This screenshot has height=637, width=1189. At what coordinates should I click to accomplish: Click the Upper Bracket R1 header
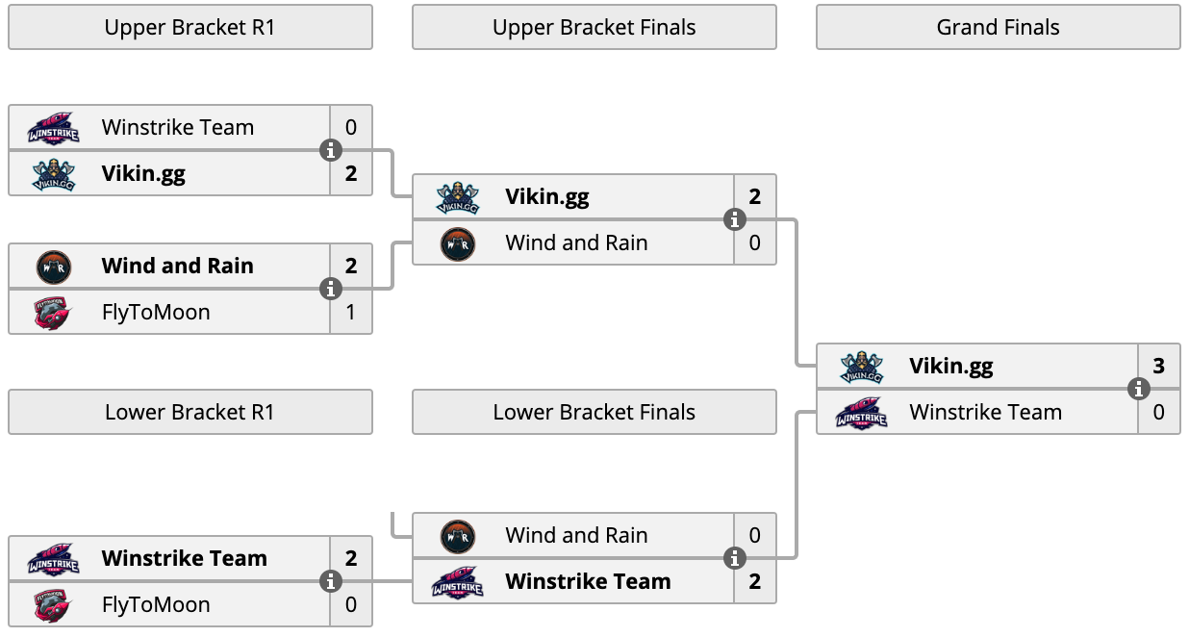[x=190, y=28]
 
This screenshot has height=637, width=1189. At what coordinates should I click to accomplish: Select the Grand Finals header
[x=998, y=28]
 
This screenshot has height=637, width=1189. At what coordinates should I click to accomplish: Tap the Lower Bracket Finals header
[x=594, y=412]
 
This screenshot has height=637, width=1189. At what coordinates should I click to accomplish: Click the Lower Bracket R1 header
[x=190, y=412]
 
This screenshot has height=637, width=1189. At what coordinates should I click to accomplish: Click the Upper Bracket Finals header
[x=594, y=28]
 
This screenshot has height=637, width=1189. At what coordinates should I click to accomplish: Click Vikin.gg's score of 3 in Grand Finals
[x=1159, y=366]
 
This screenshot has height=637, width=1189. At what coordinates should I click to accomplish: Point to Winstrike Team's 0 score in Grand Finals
[x=1159, y=412]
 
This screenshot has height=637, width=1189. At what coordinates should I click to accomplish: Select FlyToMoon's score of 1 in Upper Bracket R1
[x=350, y=312]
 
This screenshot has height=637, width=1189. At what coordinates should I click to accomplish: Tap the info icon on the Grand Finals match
[x=1139, y=389]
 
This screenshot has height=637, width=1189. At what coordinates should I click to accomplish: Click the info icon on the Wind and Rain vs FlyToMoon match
[x=331, y=290]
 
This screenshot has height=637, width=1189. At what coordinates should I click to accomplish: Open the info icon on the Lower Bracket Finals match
[x=735, y=558]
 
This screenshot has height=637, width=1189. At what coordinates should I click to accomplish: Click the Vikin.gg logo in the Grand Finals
[x=862, y=367]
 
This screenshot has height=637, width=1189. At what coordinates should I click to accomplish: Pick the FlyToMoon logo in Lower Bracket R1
[x=52, y=605]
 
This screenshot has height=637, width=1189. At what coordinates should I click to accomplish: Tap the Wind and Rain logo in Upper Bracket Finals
[x=458, y=244]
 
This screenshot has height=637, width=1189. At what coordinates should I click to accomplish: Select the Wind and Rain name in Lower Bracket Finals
[x=576, y=535]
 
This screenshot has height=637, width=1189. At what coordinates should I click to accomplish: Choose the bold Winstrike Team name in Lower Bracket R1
[x=184, y=558]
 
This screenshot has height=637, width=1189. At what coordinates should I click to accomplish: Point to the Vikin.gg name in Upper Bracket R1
[x=143, y=174]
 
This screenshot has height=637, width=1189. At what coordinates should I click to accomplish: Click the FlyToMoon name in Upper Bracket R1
[x=156, y=312]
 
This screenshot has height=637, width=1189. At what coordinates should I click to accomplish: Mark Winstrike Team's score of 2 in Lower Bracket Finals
[x=755, y=581]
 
